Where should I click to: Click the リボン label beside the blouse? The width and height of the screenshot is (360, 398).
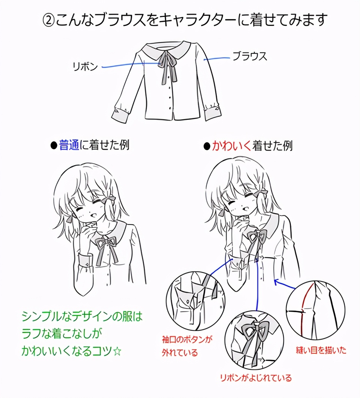click(85, 66)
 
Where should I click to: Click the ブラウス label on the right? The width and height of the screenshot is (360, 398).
click(250, 56)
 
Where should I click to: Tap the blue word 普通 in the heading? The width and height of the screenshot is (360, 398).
click(69, 145)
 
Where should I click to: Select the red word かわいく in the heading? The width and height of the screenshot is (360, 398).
click(231, 146)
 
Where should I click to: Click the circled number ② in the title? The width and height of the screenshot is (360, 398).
click(48, 20)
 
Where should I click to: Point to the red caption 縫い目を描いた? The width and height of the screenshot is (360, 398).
click(321, 350)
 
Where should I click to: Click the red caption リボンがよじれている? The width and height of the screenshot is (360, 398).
click(256, 378)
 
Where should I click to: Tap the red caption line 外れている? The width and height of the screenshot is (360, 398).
click(180, 353)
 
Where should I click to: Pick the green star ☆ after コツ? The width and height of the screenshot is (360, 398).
click(117, 351)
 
